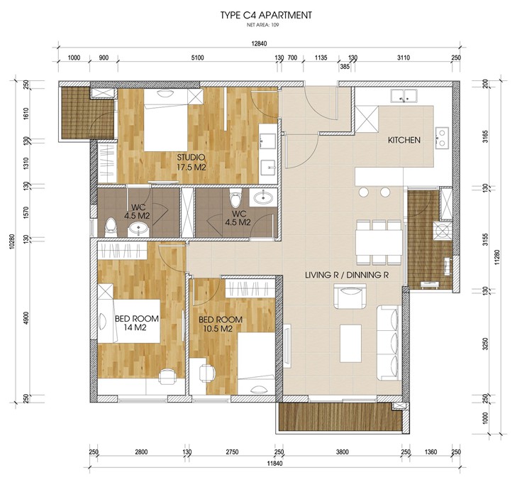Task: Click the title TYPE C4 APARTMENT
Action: [266, 16]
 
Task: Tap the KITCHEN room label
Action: [404, 140]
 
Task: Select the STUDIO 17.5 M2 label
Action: [191, 163]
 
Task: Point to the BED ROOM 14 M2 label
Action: [136, 323]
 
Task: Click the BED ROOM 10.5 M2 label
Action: [221, 324]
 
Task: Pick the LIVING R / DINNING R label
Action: [348, 276]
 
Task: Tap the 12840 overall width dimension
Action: [260, 44]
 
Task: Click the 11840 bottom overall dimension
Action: [274, 464]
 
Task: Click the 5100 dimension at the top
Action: [197, 58]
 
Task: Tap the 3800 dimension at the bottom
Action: [343, 452]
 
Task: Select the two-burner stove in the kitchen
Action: [442, 138]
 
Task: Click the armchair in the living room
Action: [350, 296]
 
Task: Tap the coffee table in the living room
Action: [351, 344]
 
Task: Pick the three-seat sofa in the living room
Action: [389, 343]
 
